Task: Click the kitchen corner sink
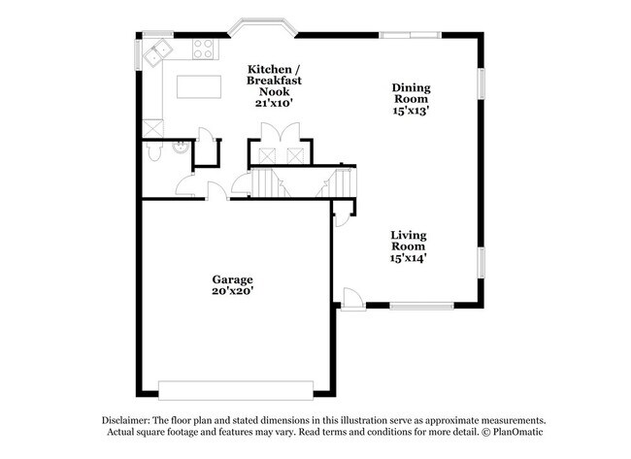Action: tap(156, 52)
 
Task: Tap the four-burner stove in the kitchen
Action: tap(204, 49)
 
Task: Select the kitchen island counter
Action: tap(200, 86)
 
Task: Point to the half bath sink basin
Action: tap(179, 148)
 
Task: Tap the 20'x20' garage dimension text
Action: tap(233, 290)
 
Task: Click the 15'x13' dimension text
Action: tap(411, 111)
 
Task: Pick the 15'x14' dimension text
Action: tap(409, 258)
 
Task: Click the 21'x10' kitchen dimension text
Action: tap(274, 102)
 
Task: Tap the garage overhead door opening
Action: tap(236, 390)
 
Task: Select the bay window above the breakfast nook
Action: tap(262, 26)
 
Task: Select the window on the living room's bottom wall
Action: tap(421, 308)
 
